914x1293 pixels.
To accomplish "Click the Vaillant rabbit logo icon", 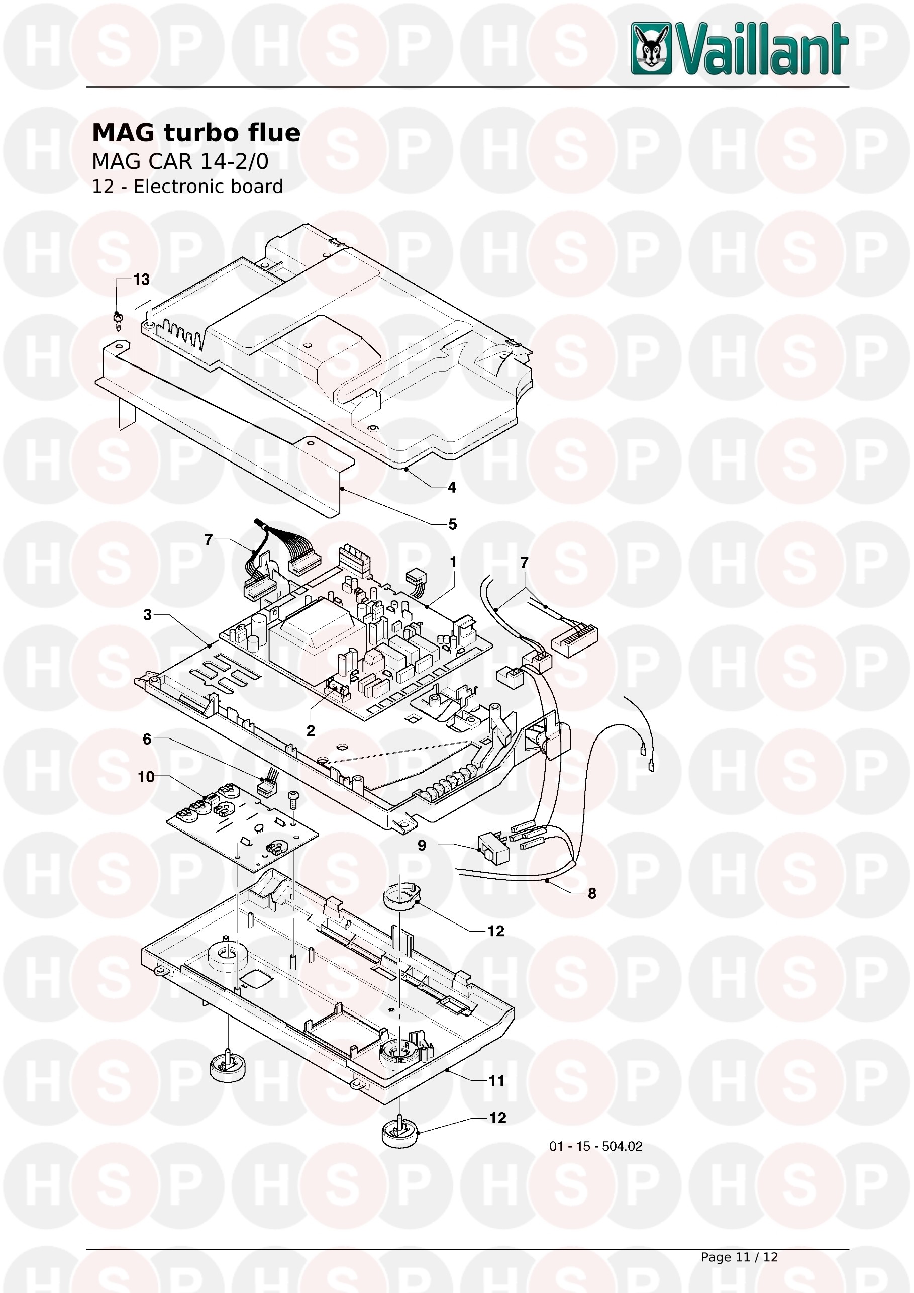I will (651, 48).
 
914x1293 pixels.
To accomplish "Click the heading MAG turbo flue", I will (196, 133).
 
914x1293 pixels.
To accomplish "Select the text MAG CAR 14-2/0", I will (180, 162).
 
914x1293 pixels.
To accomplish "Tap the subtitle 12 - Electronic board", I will (187, 187).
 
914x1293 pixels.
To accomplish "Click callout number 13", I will (141, 280).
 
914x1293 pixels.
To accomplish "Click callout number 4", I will (451, 487).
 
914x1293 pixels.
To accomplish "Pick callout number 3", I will (147, 614).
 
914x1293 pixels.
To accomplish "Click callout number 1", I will (453, 562).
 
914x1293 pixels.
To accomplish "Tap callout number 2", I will (311, 730).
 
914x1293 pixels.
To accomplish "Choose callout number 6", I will (147, 739).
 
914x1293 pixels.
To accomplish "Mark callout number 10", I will (146, 777).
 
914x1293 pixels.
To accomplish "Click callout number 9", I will (422, 845).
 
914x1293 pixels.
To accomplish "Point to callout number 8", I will (591, 894).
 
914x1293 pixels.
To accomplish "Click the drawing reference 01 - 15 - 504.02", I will (595, 1146).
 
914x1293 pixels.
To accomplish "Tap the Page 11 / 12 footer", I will (739, 1257).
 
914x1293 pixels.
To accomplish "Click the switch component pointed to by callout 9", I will (493, 849).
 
